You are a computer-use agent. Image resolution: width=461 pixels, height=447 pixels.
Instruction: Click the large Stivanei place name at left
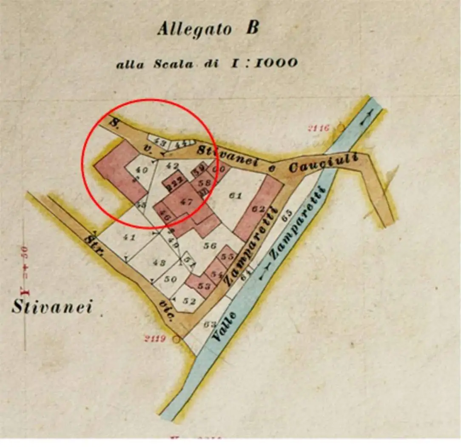[51, 307]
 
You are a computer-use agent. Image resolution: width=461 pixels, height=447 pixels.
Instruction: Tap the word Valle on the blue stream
[224, 327]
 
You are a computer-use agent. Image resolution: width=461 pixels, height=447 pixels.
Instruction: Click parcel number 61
[235, 196]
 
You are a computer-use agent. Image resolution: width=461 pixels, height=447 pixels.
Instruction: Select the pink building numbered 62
[258, 209]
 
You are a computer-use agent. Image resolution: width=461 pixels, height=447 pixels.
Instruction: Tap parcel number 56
[211, 246]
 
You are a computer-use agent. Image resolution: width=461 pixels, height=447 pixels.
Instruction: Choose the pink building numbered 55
[228, 256]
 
